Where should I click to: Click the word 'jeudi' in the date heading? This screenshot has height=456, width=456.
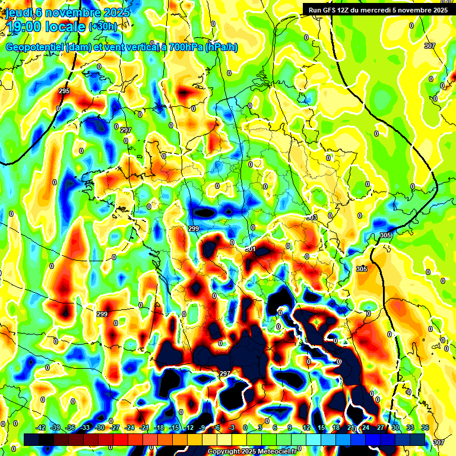[x=19, y=12]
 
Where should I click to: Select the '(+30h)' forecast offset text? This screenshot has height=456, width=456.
[x=103, y=27]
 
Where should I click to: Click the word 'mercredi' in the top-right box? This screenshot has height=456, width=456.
[x=389, y=9]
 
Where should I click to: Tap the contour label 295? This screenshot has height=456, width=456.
[x=64, y=91]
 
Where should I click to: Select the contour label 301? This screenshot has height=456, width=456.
[x=251, y=249]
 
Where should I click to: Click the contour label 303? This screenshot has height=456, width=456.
[x=312, y=218]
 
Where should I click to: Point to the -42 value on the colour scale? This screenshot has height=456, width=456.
[x=40, y=427]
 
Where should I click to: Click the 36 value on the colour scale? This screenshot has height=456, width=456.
[x=425, y=427]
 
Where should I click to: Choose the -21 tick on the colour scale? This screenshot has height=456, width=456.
[x=144, y=427]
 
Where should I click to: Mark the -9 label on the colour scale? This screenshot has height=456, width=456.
[x=202, y=427]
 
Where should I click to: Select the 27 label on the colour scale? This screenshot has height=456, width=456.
[x=381, y=427]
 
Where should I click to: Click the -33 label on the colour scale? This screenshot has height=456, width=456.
[x=85, y=427]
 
